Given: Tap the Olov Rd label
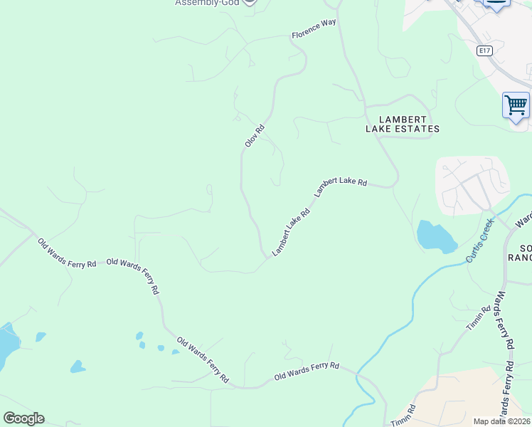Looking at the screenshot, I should tap(254, 136).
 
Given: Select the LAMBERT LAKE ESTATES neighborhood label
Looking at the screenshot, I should tap(403, 124).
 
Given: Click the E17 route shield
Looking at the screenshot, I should tap(484, 51).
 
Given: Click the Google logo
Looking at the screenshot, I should tap(23, 418).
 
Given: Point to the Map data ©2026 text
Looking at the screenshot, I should tap(501, 421).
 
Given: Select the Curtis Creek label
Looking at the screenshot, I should tap(479, 240).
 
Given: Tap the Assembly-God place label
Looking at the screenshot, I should tap(206, 3).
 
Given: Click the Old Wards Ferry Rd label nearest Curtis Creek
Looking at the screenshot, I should tap(307, 371).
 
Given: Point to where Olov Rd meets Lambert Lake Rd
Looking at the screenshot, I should tap(268, 257).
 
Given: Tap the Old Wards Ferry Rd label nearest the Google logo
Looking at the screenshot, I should tap(67, 253).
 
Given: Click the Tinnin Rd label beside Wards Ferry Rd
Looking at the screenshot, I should tap(479, 319).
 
